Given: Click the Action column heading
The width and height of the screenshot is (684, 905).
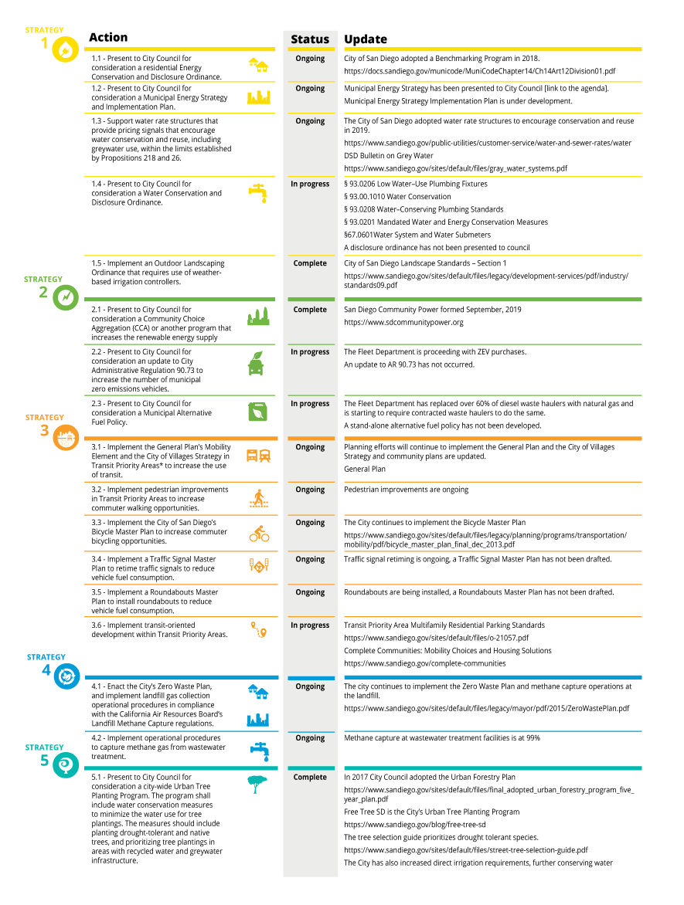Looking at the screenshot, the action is point(108,38).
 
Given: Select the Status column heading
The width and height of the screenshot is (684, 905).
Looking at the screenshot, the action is point(310,39).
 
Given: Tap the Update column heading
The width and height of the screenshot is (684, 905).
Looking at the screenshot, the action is point(366,39).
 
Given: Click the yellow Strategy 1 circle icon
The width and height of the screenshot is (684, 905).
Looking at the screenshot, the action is point(65,49).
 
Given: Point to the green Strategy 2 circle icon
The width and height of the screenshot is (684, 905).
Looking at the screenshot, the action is point(65,297).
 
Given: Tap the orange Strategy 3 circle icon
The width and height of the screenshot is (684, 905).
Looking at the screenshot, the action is point(66,437).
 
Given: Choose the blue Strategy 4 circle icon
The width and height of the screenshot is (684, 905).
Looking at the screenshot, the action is point(66,676).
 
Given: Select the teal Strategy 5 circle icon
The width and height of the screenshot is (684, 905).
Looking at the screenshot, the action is point(65,765).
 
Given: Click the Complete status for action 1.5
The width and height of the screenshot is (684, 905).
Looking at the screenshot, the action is point(310,263).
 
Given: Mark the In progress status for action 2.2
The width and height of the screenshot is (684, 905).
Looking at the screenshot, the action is point(310,351).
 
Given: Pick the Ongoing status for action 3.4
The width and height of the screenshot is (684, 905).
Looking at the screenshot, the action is point(310,559).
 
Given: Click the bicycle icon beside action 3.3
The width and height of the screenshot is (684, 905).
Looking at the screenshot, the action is point(260,534).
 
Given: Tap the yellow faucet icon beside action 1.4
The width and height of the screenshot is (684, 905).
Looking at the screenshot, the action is point(258,193).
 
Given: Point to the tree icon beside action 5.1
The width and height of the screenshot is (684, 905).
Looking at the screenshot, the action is point(257,785).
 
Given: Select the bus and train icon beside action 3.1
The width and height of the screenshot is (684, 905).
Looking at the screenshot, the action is point(258,456).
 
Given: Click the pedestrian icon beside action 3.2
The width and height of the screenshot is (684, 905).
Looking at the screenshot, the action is point(259,499).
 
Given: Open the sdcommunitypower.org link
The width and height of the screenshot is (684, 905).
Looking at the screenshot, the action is point(403,323).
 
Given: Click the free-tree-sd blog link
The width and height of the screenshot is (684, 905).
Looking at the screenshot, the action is point(415,825).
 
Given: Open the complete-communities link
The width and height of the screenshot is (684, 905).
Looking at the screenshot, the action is point(424,664).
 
